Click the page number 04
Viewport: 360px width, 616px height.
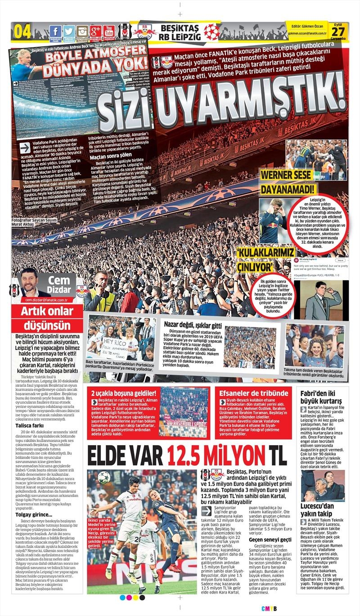pyautogui.click(x=23, y=32)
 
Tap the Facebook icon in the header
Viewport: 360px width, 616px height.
pyautogui.click(x=55, y=31)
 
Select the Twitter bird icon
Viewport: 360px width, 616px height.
pyautogui.click(x=69, y=31)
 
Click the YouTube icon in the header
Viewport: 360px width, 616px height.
pyautogui.click(x=108, y=31)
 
